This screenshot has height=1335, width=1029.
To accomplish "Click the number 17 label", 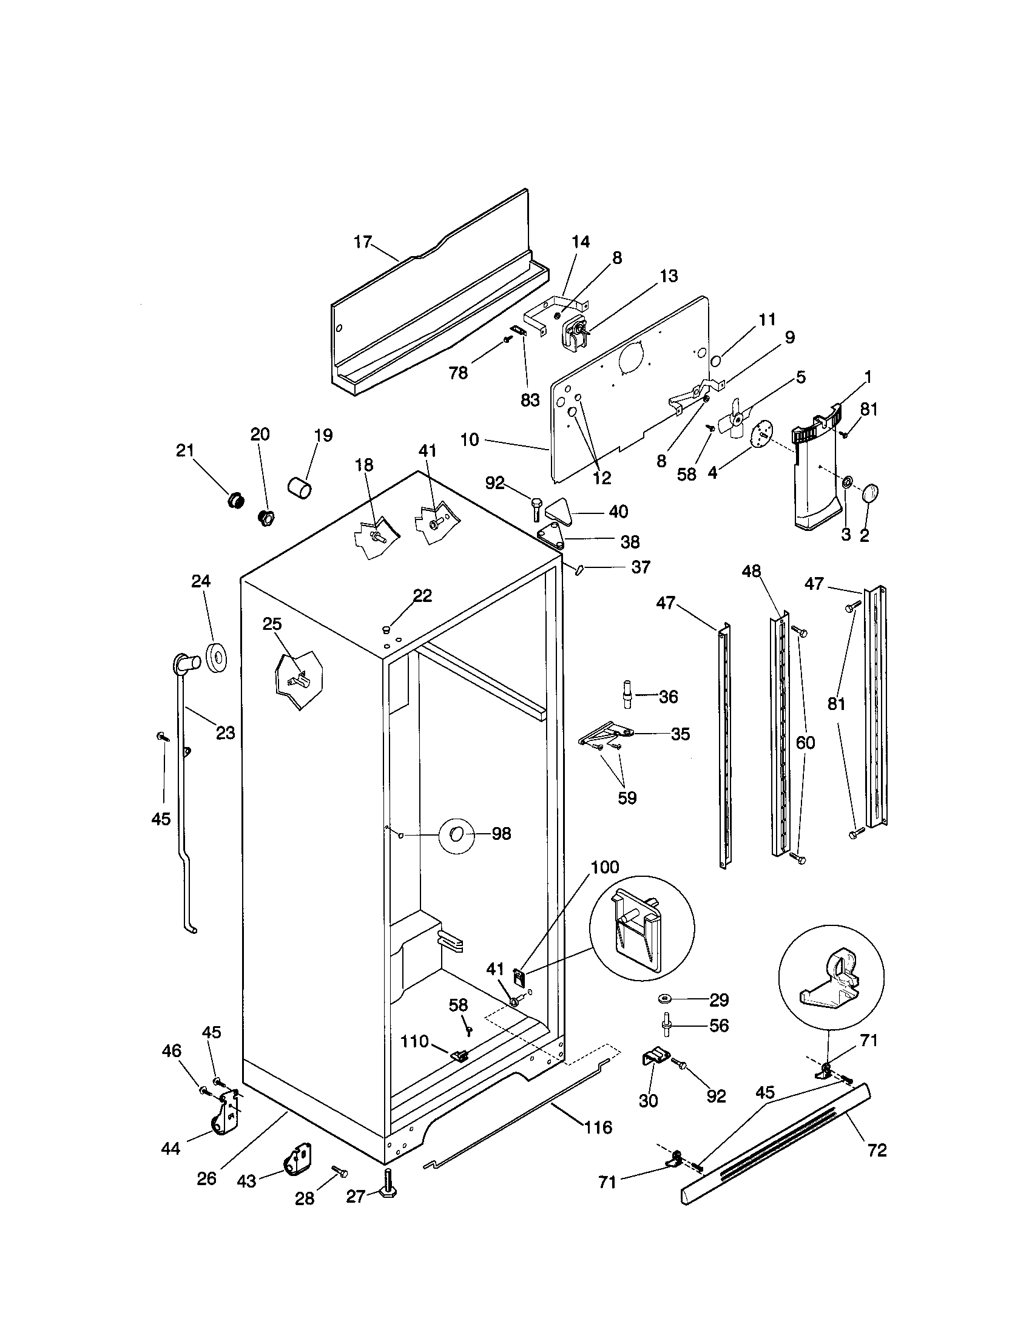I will tap(362, 242).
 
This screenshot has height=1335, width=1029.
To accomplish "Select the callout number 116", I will tap(598, 1127).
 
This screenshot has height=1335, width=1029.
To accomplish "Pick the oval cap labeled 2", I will tap(871, 492).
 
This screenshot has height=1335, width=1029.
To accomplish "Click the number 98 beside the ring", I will tap(501, 834).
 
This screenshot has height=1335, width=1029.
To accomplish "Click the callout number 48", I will tap(751, 571).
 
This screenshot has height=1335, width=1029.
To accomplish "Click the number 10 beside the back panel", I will tap(469, 439).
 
